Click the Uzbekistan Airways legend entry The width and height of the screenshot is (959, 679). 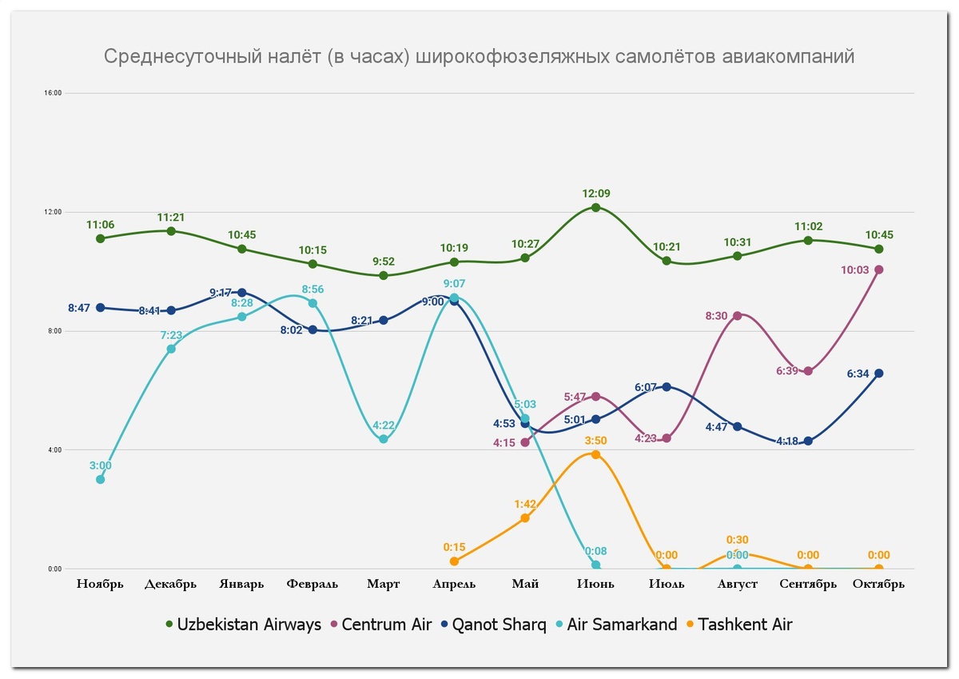[243, 625]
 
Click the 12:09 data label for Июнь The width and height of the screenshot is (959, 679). [595, 194]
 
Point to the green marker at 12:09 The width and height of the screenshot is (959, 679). [595, 207]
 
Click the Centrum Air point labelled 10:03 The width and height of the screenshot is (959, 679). [878, 270]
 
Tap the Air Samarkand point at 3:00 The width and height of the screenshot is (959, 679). [100, 479]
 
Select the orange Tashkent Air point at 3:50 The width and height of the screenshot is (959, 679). [595, 454]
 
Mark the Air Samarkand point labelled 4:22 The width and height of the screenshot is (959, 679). [384, 439]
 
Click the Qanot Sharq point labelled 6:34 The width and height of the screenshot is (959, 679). [878, 373]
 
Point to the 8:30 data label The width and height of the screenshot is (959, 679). [717, 316]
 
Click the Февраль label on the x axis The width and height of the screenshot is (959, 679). [312, 584]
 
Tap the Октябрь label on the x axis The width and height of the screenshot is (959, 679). [878, 584]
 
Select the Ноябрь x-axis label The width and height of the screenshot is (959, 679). [100, 584]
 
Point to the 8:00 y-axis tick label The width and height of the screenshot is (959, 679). [54, 331]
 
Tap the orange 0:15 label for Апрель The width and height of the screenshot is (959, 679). [454, 547]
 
